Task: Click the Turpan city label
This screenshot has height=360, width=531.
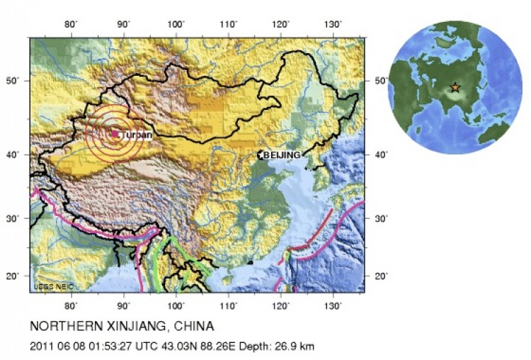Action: (137, 134)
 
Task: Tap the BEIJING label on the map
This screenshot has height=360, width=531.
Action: (283, 154)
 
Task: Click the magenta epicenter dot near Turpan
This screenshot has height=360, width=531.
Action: (115, 133)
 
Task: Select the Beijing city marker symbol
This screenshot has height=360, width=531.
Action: (261, 154)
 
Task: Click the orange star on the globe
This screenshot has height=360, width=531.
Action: (455, 88)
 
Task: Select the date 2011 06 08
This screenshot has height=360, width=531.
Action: (57, 347)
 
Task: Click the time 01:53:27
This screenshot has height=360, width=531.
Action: (109, 347)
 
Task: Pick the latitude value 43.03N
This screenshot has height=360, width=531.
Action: (176, 347)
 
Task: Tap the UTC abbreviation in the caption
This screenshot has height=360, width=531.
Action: (145, 347)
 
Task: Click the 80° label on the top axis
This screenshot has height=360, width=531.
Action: (71, 25)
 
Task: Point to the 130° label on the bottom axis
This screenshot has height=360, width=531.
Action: (333, 305)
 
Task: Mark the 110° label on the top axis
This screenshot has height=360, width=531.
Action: (229, 25)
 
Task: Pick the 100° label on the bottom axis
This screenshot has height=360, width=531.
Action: (176, 305)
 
